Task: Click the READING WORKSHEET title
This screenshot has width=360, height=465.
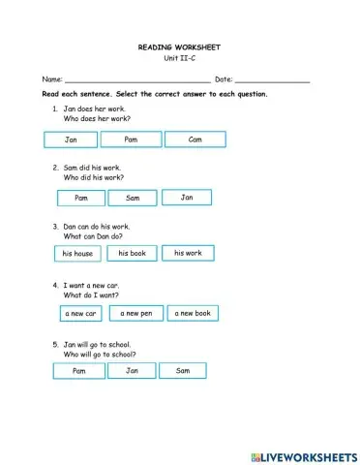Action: click(180, 46)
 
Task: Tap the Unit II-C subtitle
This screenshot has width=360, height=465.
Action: click(180, 57)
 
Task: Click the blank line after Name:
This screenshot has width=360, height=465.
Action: click(135, 79)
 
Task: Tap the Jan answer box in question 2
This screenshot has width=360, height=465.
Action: click(187, 198)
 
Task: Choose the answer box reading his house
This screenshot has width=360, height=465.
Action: click(77, 254)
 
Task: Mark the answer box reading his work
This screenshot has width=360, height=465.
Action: click(188, 253)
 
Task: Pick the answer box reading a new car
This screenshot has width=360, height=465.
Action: click(80, 314)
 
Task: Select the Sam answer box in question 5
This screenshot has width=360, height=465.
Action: click(184, 371)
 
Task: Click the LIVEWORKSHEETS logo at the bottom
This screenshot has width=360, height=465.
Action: click(302, 455)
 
